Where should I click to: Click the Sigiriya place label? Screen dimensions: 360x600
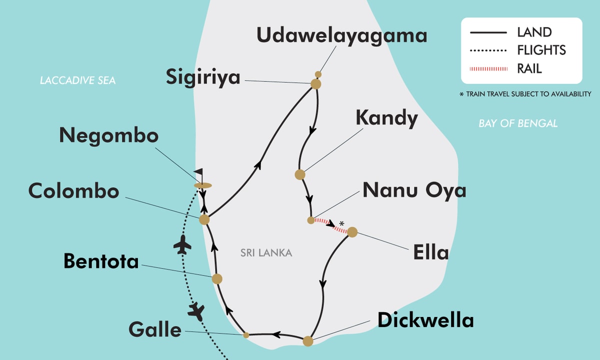point(204,77)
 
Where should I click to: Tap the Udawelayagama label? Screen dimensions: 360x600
point(342,35)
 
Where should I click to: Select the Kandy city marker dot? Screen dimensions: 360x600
point(300,174)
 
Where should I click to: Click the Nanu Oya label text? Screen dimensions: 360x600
point(414,190)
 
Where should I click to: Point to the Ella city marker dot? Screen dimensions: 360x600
point(352,232)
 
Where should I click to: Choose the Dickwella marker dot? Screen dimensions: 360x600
point(308,341)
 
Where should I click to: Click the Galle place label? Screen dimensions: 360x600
point(154,330)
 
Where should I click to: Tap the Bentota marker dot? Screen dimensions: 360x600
point(216,279)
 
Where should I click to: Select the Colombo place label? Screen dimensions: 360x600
point(74,191)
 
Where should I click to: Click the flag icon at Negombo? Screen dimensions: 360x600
point(199,173)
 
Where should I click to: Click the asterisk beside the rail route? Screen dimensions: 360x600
point(341,223)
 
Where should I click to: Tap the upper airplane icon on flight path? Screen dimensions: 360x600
point(182,245)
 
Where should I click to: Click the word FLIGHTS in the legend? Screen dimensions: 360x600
point(541,50)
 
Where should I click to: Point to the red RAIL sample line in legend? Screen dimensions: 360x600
point(488,68)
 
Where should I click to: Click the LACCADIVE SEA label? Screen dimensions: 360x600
point(78,80)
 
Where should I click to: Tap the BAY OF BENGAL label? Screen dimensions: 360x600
point(518,123)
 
